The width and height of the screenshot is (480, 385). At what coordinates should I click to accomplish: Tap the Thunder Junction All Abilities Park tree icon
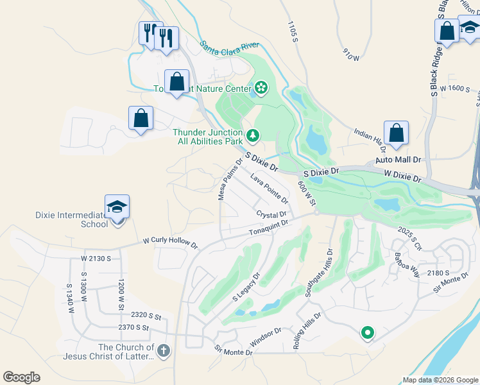[x=253, y=135]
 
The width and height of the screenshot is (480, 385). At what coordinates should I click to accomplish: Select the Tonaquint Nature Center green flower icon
[x=261, y=88]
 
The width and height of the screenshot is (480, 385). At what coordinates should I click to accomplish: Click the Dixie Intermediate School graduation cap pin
[x=117, y=207]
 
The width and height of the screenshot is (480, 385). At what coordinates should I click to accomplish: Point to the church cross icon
[x=164, y=350]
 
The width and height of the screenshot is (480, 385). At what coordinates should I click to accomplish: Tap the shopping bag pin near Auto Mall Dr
[x=397, y=133]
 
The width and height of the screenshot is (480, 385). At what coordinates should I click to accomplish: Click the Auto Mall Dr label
[x=398, y=159]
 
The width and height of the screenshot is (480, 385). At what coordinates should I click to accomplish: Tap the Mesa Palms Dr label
[x=230, y=180]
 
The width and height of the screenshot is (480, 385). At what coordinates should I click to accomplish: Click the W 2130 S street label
[x=96, y=258]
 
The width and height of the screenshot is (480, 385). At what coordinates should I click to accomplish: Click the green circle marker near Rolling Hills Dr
[x=367, y=332]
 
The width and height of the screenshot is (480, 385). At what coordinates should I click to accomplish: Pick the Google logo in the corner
[x=22, y=377]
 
